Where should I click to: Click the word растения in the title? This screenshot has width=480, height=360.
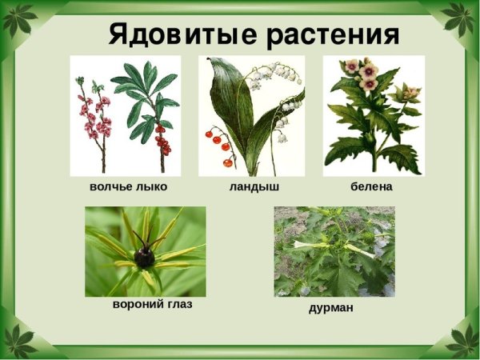click(333, 34)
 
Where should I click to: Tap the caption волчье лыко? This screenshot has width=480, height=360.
click(129, 186)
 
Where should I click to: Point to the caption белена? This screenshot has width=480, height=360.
click(371, 186)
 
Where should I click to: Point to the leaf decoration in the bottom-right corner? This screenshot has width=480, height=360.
click(462, 341)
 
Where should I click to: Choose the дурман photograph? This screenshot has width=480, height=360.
click(334, 251)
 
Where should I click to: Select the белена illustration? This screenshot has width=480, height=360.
click(372, 115)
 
